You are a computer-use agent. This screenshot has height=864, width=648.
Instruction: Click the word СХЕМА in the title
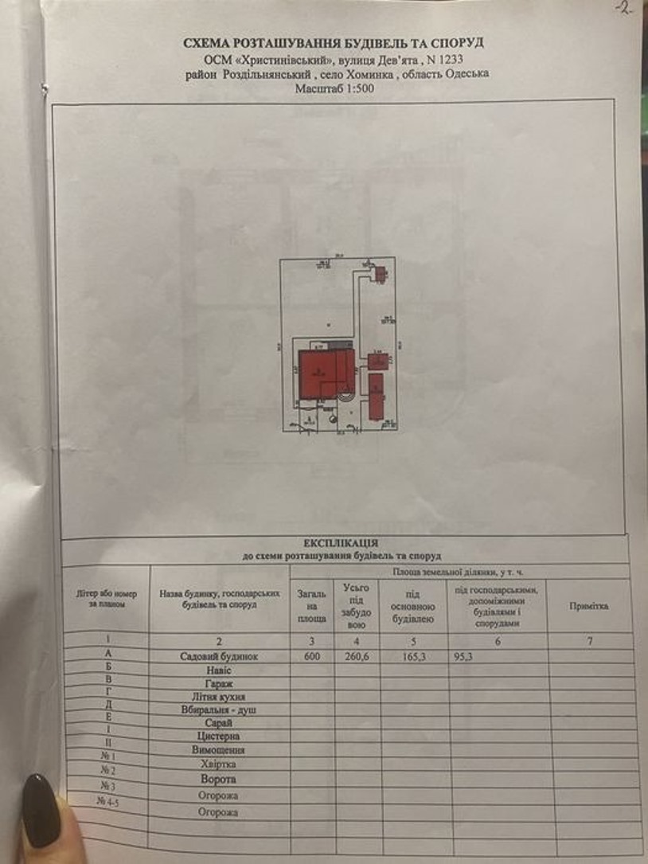(209, 43)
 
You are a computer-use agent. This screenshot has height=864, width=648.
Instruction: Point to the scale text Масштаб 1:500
(334, 88)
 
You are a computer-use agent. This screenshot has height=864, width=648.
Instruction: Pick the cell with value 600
(310, 657)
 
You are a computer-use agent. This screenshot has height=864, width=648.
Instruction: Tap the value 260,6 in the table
(354, 657)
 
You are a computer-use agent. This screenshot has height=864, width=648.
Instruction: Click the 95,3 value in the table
(463, 657)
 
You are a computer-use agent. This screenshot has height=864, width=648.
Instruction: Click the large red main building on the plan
(318, 373)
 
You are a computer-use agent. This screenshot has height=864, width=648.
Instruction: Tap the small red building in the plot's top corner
(380, 274)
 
